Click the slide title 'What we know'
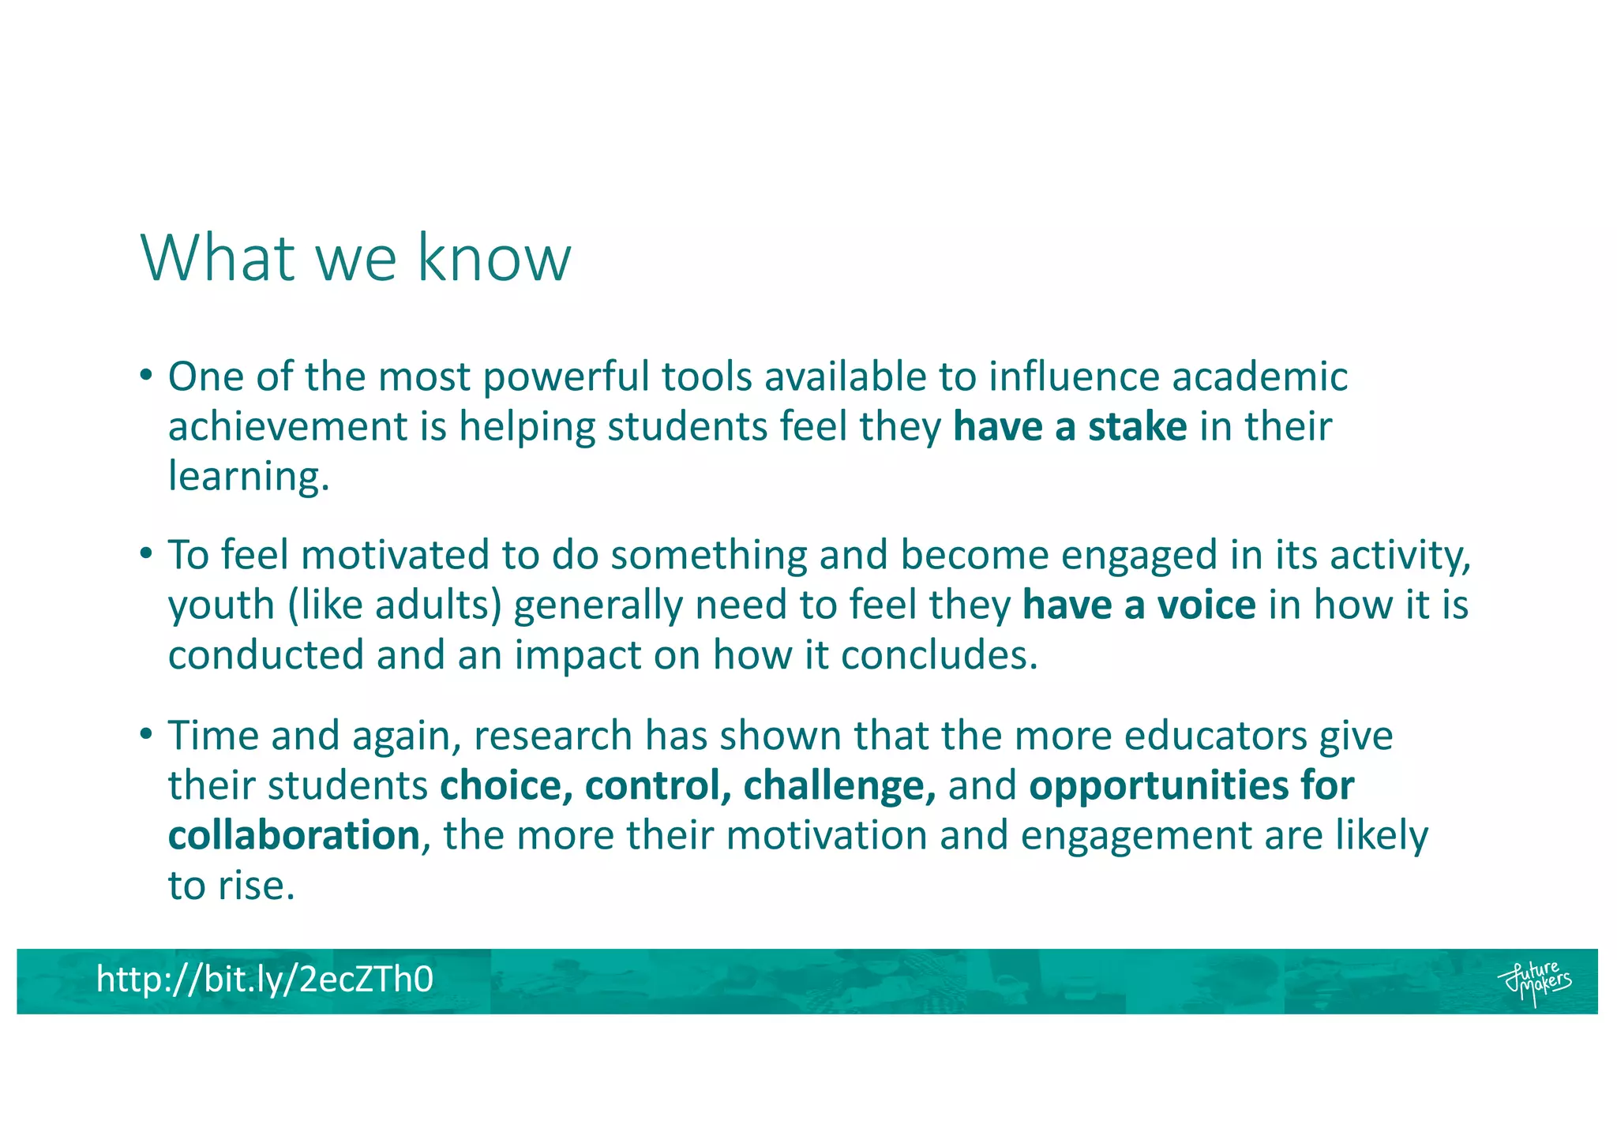(355, 257)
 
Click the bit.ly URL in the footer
(264, 980)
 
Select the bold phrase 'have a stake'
(1070, 427)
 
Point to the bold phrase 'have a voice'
(1139, 605)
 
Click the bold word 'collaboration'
(294, 836)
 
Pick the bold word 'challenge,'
(839, 786)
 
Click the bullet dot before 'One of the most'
(145, 374)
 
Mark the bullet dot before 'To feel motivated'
(145, 553)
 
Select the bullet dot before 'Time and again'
(145, 733)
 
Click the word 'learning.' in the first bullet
(249, 477)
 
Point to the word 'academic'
(1259, 377)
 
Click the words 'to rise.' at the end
(231, 886)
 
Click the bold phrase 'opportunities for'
(1191, 786)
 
